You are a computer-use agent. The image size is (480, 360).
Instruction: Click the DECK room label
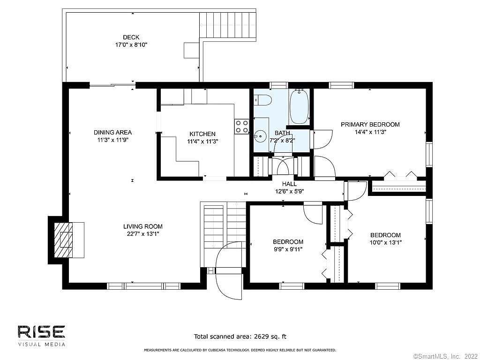131,37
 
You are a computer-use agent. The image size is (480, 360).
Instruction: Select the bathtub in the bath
299,106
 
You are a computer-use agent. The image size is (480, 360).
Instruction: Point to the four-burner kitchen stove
241,127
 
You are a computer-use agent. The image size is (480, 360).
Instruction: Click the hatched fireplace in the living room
64,240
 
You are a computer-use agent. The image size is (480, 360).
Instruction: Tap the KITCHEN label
202,134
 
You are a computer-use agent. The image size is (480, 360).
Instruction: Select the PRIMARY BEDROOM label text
370,124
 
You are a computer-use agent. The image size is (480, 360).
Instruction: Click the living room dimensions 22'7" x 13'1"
143,234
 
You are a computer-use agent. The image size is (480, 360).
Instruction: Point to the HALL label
289,184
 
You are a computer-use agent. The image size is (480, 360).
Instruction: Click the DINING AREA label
112,132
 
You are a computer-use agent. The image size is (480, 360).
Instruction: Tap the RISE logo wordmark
41,332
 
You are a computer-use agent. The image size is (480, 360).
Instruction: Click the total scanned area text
240,337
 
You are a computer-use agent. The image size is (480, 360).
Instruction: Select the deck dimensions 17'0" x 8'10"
131,45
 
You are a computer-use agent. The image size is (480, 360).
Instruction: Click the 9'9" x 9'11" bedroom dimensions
288,249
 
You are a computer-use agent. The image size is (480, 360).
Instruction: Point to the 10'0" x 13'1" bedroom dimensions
386,242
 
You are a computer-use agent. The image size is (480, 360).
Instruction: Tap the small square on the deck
191,50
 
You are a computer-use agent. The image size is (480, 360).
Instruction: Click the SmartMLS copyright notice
446,356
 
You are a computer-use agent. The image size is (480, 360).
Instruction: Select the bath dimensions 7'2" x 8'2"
282,141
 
